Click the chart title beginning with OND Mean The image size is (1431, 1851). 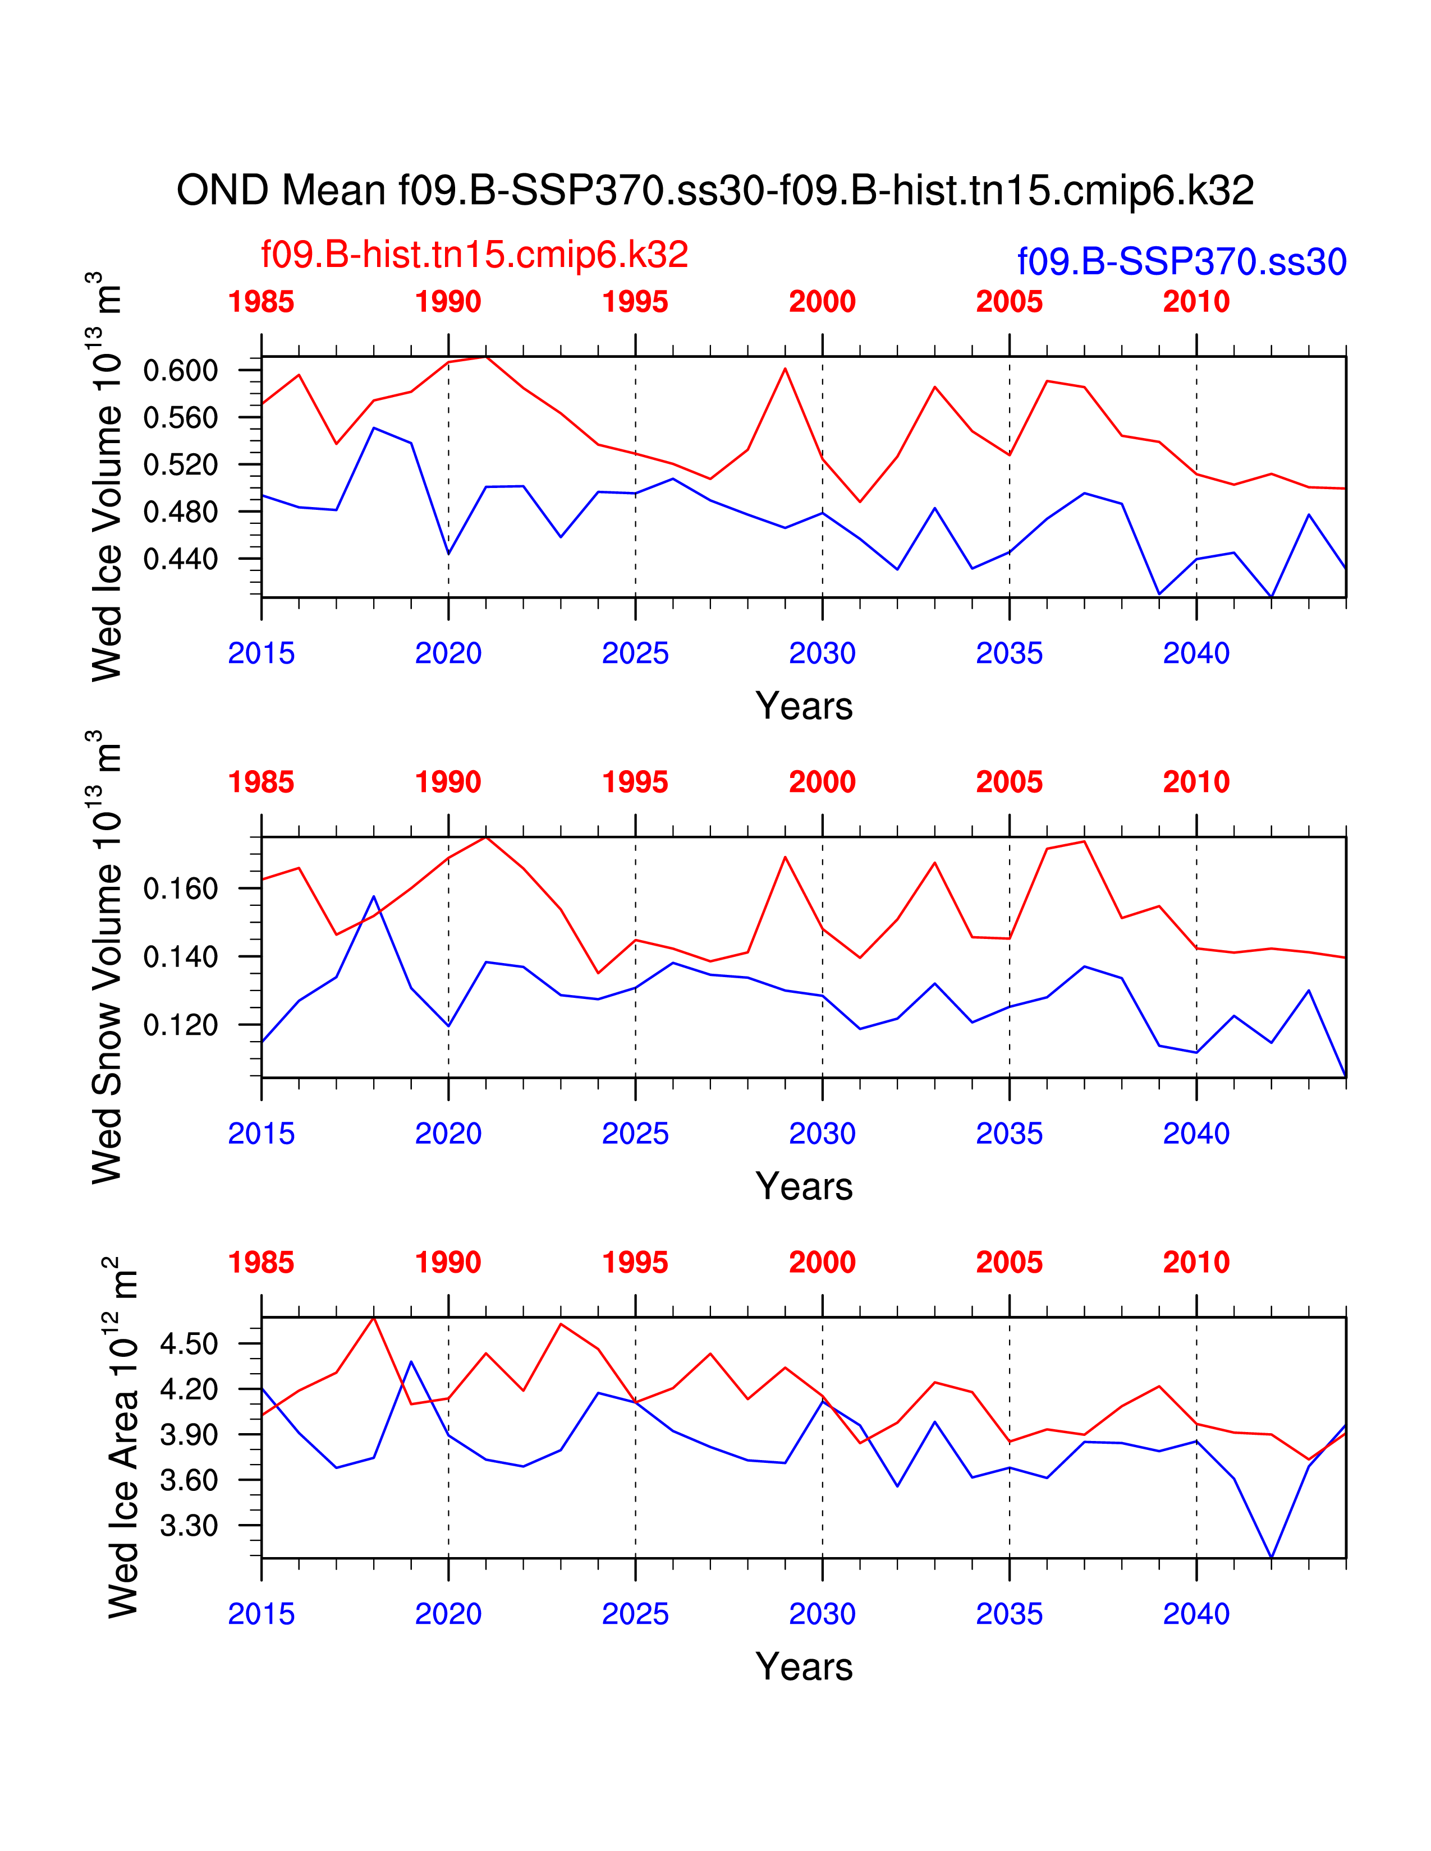pyautogui.click(x=714, y=191)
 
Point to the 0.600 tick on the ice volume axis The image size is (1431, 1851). pyautogui.click(x=181, y=370)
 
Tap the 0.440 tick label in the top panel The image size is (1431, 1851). pyautogui.click(x=181, y=559)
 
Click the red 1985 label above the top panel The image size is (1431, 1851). pyautogui.click(x=261, y=302)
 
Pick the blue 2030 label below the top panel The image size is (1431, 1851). pyautogui.click(x=822, y=653)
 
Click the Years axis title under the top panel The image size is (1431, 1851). pyautogui.click(x=804, y=706)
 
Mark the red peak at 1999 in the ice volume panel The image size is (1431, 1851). pyautogui.click(x=785, y=369)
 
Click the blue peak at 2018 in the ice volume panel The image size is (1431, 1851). pyautogui.click(x=374, y=428)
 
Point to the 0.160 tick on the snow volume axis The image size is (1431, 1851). pyautogui.click(x=181, y=888)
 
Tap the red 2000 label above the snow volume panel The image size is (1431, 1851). pyautogui.click(x=822, y=782)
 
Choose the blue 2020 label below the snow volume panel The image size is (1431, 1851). pyautogui.click(x=448, y=1134)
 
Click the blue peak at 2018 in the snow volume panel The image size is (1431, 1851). pyautogui.click(x=374, y=897)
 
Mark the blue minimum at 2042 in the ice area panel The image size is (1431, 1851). pyautogui.click(x=1271, y=1557)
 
